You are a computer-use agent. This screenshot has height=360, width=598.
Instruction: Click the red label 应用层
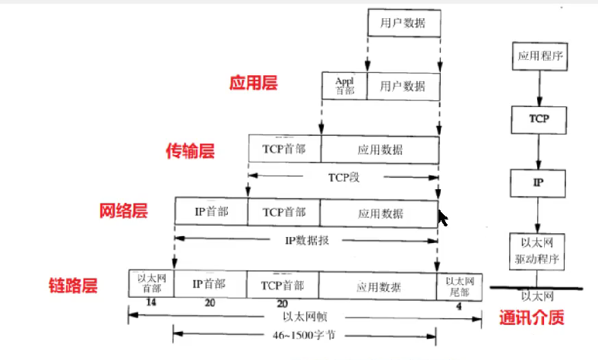pos(253,83)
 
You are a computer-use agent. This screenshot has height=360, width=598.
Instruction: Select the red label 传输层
pos(190,151)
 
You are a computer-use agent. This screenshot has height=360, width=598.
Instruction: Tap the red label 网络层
pos(123,210)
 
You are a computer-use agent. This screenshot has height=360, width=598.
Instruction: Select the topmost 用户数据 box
pos(403,23)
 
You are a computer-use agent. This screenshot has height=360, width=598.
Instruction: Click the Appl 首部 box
pos(345,86)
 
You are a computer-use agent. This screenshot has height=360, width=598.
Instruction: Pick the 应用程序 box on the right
pos(539,55)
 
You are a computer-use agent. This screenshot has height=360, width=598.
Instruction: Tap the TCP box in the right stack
pos(539,118)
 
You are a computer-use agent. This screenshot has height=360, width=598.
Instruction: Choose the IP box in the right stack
pos(539,182)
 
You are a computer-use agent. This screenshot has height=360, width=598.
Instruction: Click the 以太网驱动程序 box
pos(539,250)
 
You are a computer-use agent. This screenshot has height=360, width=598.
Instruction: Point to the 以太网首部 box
pos(152,283)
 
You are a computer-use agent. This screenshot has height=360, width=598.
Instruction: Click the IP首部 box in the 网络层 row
pos(211,211)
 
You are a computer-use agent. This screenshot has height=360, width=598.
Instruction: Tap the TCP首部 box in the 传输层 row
pos(284,148)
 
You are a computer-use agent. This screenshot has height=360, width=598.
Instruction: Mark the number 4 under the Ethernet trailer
pos(459,305)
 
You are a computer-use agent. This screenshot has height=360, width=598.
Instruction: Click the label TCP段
pos(343,176)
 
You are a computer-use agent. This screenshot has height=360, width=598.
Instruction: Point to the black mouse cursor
pos(442,218)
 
